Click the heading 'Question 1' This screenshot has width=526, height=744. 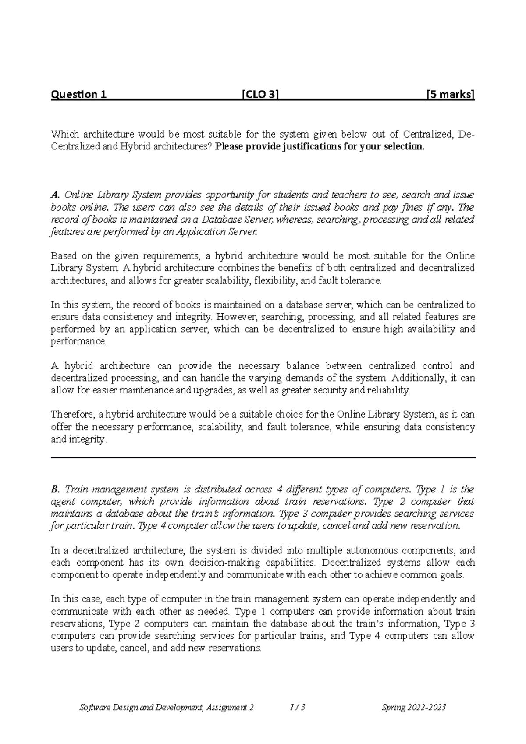point(79,95)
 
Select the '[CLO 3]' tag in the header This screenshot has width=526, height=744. point(260,95)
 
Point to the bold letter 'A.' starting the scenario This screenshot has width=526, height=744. point(55,195)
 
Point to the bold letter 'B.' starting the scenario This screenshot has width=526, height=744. point(55,489)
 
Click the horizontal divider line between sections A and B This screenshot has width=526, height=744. point(263,458)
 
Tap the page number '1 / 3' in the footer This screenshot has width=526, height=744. point(298,707)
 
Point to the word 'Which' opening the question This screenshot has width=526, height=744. point(64,135)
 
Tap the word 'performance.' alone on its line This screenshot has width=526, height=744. point(78,341)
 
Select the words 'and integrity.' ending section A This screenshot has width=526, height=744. point(78,439)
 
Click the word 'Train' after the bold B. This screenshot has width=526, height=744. point(75,489)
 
